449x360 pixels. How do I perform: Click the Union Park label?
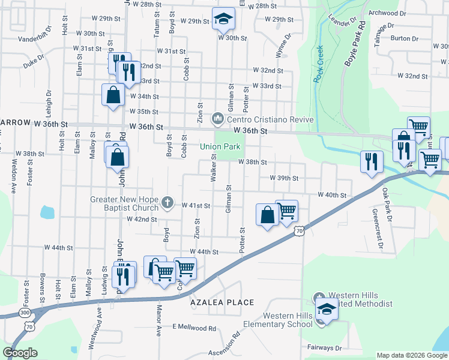220,146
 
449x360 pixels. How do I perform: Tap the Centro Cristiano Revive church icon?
217,119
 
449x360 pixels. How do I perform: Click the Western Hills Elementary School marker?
326,310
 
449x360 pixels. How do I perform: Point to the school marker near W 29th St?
224,20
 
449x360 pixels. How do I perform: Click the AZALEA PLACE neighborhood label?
223,303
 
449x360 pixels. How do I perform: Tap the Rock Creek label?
318,64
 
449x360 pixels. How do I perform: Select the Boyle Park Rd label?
354,46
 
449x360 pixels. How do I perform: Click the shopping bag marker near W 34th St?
113,95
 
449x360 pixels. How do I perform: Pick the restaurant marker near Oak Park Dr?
372,160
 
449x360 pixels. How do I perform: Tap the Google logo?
20,353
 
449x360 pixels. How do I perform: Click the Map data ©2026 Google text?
412,355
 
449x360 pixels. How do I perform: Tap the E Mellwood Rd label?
194,328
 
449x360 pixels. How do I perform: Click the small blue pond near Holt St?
47,212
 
